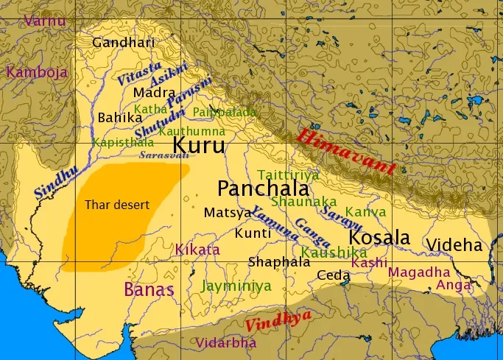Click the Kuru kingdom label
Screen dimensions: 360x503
(198, 144)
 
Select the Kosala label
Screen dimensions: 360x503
(379, 238)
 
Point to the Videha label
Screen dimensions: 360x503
(454, 245)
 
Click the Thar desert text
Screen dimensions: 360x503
(117, 204)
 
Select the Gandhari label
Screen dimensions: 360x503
(123, 42)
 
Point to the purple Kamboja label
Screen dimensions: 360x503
(37, 72)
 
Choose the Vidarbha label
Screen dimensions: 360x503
(226, 343)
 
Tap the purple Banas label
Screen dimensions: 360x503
(149, 289)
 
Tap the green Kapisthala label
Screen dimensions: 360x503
(123, 142)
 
